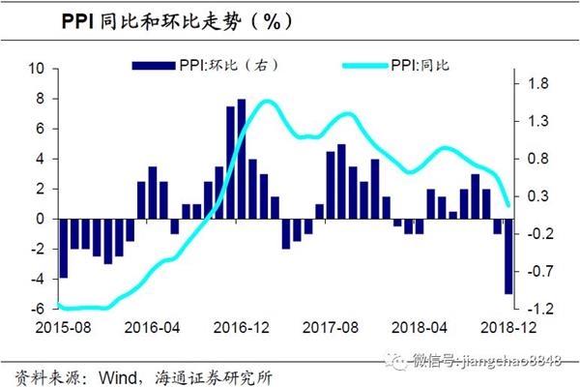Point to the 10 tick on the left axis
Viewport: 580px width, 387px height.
click(39, 69)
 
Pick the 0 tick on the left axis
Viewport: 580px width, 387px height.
click(42, 219)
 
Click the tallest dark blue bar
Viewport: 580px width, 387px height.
click(241, 159)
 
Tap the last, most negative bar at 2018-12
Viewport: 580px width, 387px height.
click(508, 256)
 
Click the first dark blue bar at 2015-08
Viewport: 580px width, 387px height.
click(64, 248)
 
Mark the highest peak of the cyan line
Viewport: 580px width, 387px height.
click(267, 101)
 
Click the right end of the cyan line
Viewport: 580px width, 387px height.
click(509, 204)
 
